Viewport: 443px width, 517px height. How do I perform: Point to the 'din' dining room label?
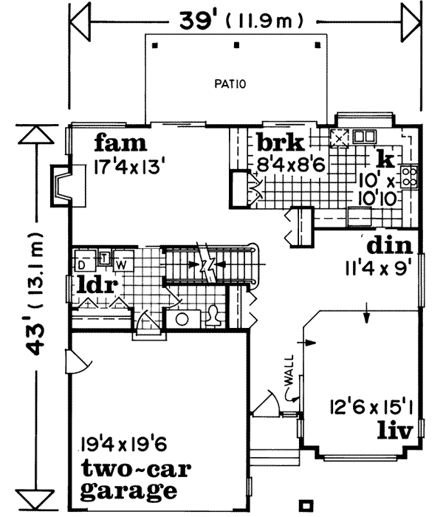(388, 244)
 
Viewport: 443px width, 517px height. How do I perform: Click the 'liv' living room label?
(394, 429)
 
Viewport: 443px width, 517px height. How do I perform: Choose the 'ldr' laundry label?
(99, 284)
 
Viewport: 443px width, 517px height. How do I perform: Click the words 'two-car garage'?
(128, 479)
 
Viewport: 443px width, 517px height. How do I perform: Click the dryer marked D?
(83, 263)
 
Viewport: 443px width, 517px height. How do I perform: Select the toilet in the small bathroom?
(215, 316)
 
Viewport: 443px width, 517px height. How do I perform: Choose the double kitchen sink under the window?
(364, 136)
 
